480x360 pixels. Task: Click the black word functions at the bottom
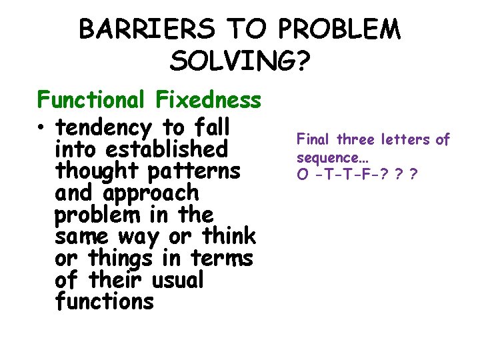pyautogui.click(x=105, y=302)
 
